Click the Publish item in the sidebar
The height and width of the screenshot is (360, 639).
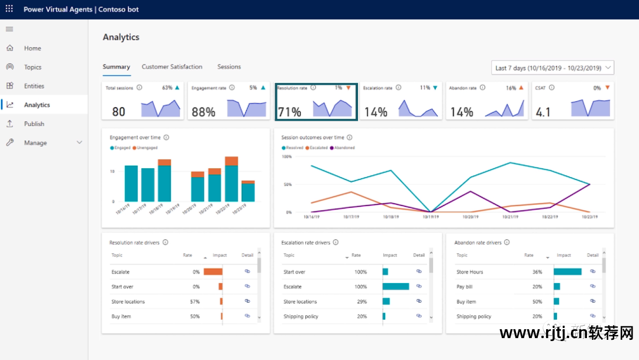(x=34, y=124)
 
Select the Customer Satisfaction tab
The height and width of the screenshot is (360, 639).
(x=172, y=67)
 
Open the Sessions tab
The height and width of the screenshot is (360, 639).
(x=229, y=67)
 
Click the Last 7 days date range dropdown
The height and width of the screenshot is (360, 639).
(x=553, y=68)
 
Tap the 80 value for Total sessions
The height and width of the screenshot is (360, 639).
(x=118, y=111)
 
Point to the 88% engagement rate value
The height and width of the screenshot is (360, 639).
(x=204, y=111)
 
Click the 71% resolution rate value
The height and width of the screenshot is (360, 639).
(x=289, y=111)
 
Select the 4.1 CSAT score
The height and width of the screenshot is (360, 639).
(x=543, y=111)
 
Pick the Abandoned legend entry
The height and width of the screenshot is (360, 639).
(x=344, y=147)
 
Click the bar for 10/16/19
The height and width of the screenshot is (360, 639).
(x=131, y=184)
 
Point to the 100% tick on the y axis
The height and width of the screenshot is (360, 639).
(x=286, y=157)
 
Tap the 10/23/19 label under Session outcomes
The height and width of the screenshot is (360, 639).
(x=589, y=217)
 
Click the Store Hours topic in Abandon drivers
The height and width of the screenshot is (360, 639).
(x=470, y=272)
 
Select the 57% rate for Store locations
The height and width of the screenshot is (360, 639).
(x=194, y=301)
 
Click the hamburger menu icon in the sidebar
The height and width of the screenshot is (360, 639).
(x=9, y=29)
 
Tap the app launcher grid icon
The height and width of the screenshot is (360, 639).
(x=9, y=9)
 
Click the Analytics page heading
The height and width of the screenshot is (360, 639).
(x=121, y=37)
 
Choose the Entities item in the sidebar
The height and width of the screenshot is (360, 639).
(x=34, y=86)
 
